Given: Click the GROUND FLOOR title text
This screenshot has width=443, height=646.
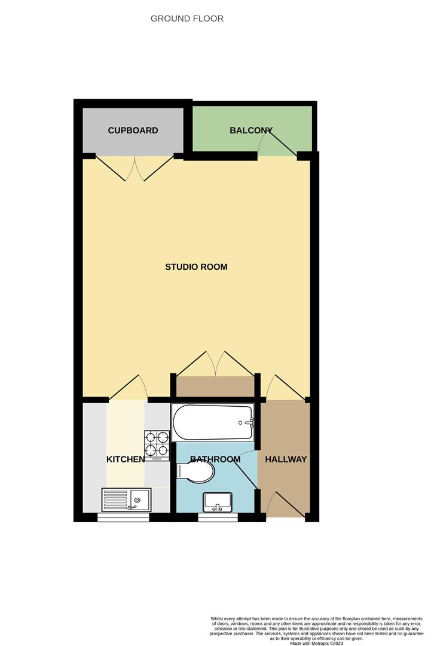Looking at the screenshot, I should tap(187, 19).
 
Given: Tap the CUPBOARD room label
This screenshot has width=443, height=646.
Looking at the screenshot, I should tap(133, 130).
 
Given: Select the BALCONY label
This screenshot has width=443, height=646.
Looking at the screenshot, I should tap(251, 130).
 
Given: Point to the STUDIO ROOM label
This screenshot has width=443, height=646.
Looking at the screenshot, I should tap(196, 267).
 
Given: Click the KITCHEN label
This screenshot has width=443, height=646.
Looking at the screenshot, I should tap(126, 459).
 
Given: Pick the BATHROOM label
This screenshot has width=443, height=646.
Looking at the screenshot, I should tap(215, 459).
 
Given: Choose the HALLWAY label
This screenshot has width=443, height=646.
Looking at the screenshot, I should tap(286, 459).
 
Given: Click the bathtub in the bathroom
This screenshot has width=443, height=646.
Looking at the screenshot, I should tap(213, 423).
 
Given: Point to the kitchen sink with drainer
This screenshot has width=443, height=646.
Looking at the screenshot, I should tap(126, 499).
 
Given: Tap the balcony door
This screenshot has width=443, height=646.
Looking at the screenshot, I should tap(279, 144).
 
